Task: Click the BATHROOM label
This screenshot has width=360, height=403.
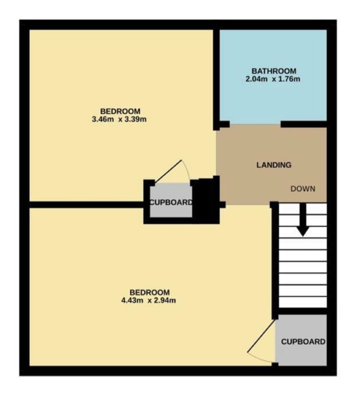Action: click(273, 71)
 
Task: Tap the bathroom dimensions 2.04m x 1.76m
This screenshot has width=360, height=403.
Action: click(273, 79)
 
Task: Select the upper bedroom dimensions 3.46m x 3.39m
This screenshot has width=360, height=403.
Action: click(119, 119)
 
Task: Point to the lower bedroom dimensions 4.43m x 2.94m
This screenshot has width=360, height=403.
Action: click(149, 301)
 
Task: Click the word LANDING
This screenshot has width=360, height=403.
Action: click(274, 165)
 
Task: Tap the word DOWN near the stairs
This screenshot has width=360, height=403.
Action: click(303, 189)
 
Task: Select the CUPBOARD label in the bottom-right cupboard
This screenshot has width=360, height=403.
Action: click(303, 342)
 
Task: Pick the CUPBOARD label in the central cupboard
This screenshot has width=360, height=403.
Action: click(171, 202)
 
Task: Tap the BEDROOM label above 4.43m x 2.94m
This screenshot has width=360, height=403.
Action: click(149, 293)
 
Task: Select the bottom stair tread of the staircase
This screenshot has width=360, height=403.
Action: click(303, 302)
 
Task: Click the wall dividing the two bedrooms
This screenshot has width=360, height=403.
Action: click(86, 204)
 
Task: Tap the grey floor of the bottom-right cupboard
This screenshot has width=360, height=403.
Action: click(303, 355)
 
